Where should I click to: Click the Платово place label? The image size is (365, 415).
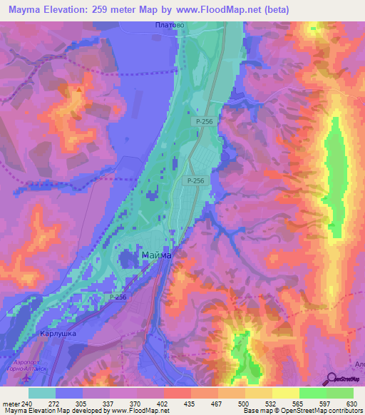[170, 24]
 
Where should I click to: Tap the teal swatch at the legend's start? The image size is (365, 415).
[41, 393]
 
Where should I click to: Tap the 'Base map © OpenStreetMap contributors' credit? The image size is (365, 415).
[299, 410]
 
